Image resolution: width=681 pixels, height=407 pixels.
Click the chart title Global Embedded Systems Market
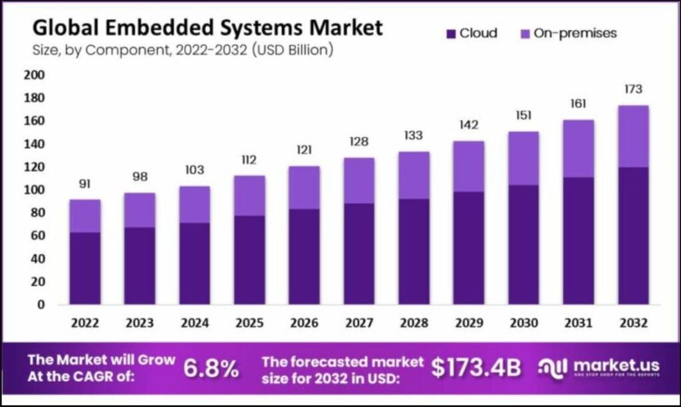tap(207, 28)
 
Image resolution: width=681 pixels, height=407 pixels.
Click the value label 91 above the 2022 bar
tap(84, 184)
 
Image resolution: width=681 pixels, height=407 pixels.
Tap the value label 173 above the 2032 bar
tap(633, 89)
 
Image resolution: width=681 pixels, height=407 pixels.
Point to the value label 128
tap(358, 142)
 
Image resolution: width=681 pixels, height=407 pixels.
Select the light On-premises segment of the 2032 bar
tap(633, 136)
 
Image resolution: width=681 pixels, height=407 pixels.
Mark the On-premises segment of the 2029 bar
tap(468, 166)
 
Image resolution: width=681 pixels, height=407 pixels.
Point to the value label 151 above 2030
tap(523, 116)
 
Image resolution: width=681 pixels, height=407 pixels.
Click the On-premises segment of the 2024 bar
tap(194, 204)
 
